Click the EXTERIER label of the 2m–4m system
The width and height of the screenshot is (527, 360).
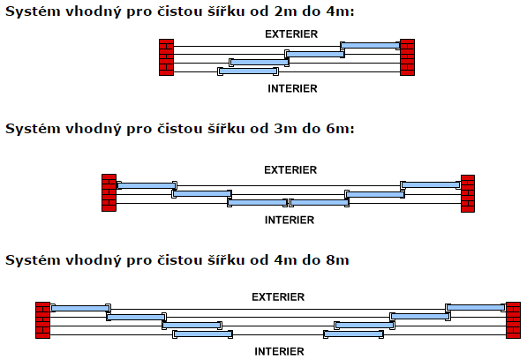(291, 34)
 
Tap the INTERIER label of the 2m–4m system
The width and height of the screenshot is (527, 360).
(292, 88)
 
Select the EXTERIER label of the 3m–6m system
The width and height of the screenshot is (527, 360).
(290, 170)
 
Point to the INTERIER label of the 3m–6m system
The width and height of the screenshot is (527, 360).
(290, 220)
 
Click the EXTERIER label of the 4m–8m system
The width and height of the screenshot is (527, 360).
(278, 296)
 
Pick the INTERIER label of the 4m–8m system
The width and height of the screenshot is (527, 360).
(279, 351)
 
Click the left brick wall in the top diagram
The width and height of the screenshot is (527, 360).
(166, 57)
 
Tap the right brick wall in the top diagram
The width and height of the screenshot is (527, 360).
(407, 57)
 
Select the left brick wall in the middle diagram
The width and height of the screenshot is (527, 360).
(109, 192)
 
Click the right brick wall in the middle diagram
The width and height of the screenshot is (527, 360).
(468, 193)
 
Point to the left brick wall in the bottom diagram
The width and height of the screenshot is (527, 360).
(42, 320)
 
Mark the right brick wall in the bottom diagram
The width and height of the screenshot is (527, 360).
(513, 320)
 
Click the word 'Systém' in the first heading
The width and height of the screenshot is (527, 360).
(33, 11)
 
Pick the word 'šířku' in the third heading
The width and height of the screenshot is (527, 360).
(226, 259)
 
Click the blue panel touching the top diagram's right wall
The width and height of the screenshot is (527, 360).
(370, 46)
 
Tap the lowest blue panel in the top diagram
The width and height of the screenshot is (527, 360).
(248, 71)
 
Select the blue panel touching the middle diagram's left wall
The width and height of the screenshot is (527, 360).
(147, 185)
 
